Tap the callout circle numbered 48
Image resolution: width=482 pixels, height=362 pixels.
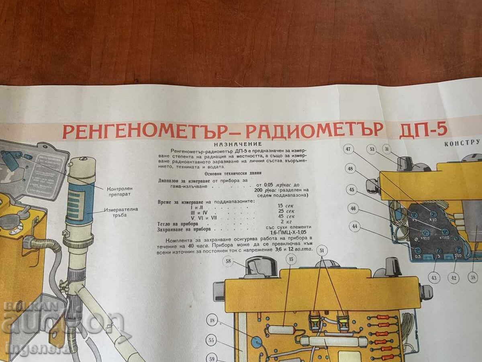(x=351, y=169)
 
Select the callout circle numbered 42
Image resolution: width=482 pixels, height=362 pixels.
(x=454, y=277)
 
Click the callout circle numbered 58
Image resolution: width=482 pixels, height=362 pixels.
(x=229, y=262)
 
